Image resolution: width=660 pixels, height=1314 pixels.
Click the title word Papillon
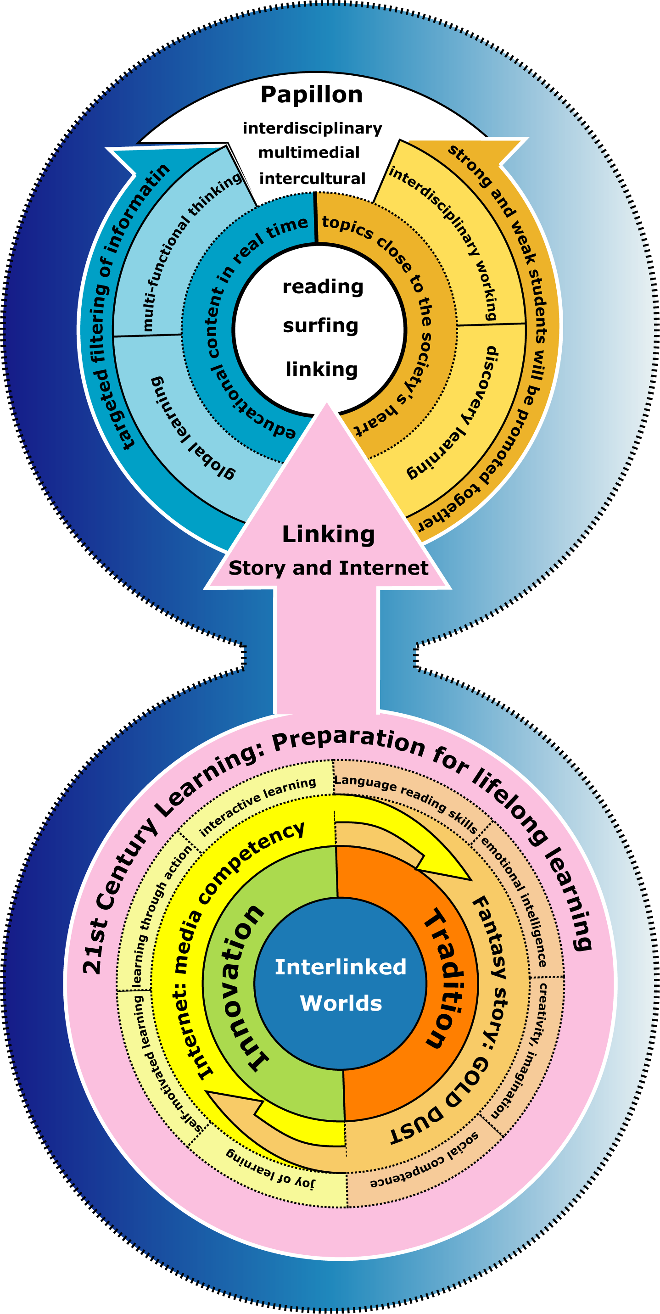click(311, 95)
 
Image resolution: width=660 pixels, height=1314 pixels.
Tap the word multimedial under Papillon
click(308, 152)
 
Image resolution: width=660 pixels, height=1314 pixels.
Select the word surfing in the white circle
click(320, 325)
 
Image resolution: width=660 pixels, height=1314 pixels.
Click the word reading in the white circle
click(322, 287)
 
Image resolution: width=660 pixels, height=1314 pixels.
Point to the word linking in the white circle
click(321, 369)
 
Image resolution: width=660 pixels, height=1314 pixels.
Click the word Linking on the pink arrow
click(328, 534)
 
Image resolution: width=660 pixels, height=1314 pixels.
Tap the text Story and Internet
click(328, 568)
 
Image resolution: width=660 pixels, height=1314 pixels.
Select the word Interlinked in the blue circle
click(340, 967)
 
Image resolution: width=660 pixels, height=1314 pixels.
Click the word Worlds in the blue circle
click(341, 1003)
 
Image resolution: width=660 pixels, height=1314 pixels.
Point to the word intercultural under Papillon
click(312, 179)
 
